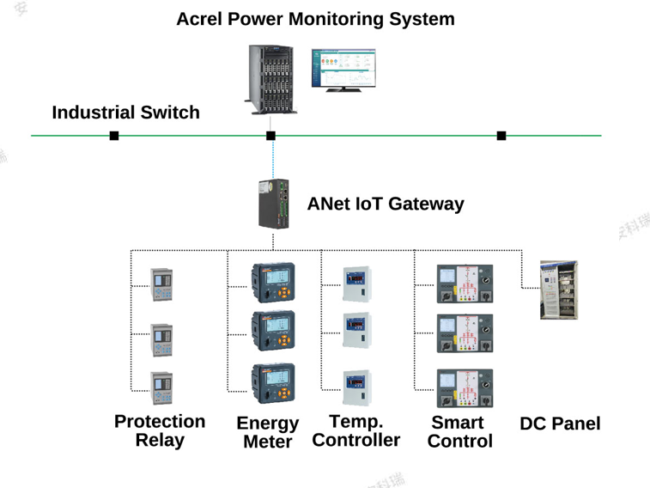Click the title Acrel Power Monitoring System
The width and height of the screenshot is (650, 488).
click(315, 19)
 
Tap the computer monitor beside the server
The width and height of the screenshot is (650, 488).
click(343, 70)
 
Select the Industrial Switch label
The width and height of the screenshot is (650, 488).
click(125, 113)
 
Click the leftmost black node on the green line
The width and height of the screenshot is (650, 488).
click(114, 136)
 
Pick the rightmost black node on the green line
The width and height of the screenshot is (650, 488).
click(501, 136)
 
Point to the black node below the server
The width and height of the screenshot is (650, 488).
click(270, 136)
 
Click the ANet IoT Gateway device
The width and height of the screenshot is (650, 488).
click(274, 204)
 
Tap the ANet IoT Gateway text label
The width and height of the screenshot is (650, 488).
click(385, 204)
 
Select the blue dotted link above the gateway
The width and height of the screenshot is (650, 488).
click(273, 160)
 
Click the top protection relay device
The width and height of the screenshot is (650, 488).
click(161, 284)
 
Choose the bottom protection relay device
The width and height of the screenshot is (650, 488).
click(161, 387)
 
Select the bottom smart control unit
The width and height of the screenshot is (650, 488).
click(465, 387)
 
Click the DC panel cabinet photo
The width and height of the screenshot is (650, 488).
click(558, 290)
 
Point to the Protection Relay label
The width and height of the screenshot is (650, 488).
click(160, 430)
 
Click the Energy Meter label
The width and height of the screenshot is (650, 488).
click(267, 432)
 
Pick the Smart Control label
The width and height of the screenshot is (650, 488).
click(459, 431)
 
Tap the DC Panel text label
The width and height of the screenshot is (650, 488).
click(560, 424)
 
